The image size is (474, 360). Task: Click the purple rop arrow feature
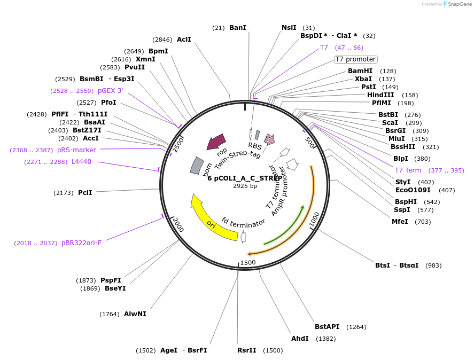(x=216, y=142)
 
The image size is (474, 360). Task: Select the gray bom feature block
(x=197, y=165)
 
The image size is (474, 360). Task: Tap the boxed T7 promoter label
(x=355, y=59)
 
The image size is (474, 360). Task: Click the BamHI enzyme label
(x=360, y=71)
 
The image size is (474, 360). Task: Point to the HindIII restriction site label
(x=380, y=95)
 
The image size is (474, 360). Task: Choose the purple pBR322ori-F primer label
(x=81, y=242)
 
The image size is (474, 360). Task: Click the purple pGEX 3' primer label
(x=110, y=91)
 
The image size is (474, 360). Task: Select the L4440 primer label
(x=81, y=162)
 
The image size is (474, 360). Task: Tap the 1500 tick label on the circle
(x=248, y=263)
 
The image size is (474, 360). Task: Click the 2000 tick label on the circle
(x=178, y=225)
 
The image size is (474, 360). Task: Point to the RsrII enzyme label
(x=247, y=350)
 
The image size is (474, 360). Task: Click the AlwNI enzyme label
(x=135, y=314)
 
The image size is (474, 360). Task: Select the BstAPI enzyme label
(x=327, y=326)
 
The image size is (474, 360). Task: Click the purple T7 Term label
(x=408, y=170)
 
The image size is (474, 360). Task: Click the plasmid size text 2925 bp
(x=245, y=186)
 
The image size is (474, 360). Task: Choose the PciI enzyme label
(x=85, y=192)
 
